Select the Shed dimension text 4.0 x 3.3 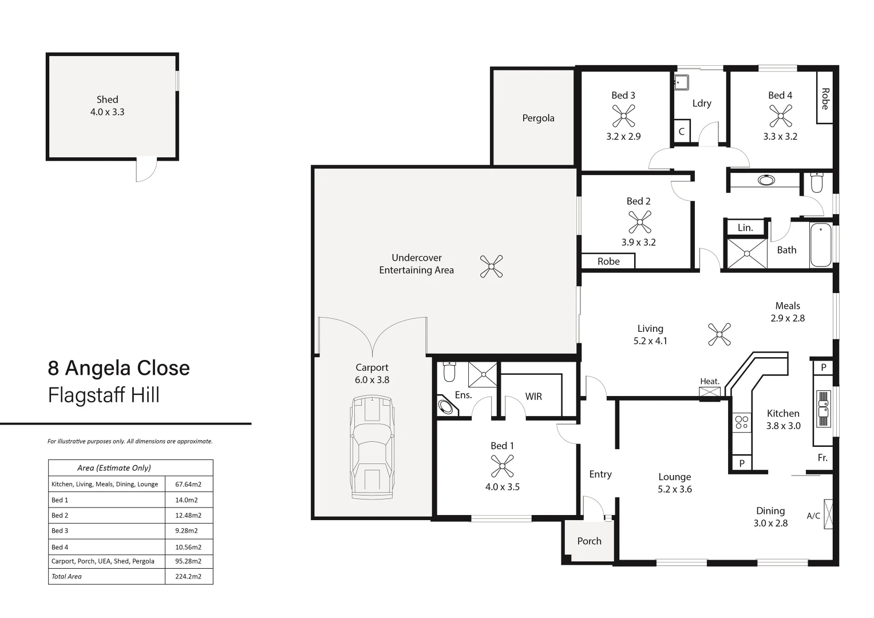click(107, 112)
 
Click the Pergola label click(538, 118)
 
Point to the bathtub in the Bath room click(820, 245)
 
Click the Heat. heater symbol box click(710, 393)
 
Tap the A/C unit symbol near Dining click(828, 514)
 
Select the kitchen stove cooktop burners click(741, 423)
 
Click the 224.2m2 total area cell click(188, 577)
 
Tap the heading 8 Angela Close click(119, 368)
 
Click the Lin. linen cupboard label click(745, 228)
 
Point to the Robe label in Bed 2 click(608, 262)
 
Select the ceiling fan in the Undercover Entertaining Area click(491, 267)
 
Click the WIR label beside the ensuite click(533, 397)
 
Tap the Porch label click(589, 541)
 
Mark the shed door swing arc click(147, 170)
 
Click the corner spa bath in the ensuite click(446, 407)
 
